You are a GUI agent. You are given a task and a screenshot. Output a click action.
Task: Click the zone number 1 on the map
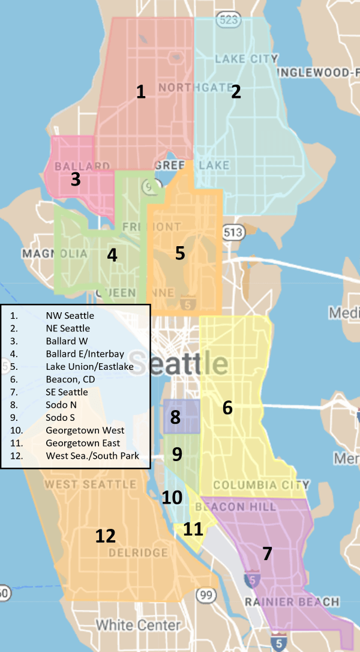tap(140, 92)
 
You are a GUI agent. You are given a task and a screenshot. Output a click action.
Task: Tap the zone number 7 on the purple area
tap(267, 554)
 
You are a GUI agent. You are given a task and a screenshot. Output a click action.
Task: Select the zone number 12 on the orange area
tap(105, 536)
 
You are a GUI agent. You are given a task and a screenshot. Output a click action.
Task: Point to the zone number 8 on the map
tap(175, 417)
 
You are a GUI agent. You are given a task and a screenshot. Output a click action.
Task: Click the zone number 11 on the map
tap(193, 529)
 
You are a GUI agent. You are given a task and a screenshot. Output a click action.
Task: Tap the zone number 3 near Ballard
tap(75, 179)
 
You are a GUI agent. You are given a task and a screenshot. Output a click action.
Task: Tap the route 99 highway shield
tap(206, 595)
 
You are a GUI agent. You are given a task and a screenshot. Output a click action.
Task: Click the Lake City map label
tap(246, 59)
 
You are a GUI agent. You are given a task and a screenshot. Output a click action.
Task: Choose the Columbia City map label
tap(262, 485)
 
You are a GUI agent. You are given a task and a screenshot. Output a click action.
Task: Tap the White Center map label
tap(138, 626)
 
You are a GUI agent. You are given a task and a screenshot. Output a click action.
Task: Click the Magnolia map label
tap(55, 254)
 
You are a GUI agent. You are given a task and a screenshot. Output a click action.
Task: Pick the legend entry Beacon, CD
tap(70, 379)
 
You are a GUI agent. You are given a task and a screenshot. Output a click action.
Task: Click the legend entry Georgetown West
tap(85, 430)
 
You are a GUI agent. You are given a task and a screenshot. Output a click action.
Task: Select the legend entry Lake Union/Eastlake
tap(89, 366)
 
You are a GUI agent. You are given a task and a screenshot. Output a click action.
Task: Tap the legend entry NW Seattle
tap(70, 315)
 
